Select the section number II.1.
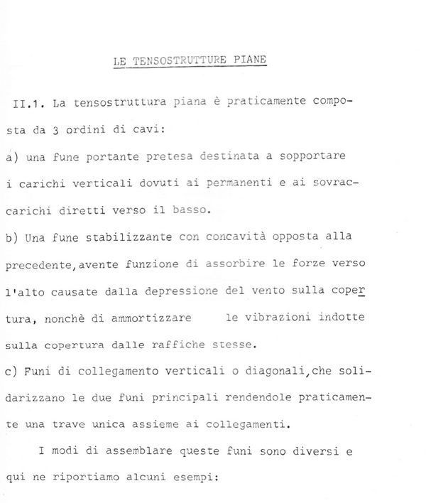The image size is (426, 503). pyautogui.click(x=30, y=104)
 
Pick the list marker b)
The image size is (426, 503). pyautogui.click(x=12, y=238)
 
